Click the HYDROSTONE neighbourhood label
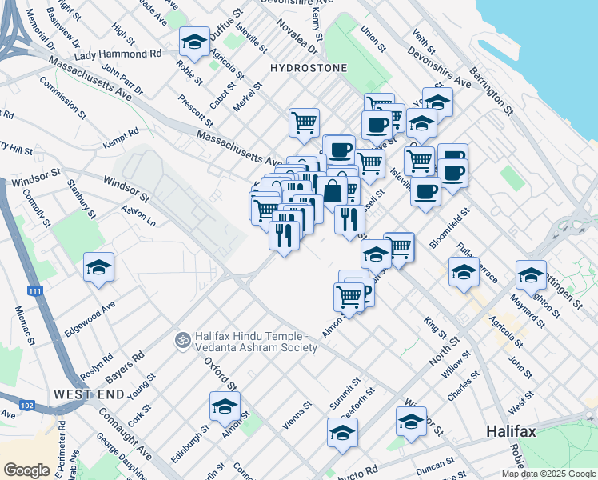[x=309, y=68]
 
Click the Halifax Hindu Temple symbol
[x=183, y=341]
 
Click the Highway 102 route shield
[x=27, y=406]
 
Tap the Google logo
[x=26, y=470]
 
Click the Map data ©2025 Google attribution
[x=548, y=474]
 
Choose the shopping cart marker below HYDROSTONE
[x=304, y=123]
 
